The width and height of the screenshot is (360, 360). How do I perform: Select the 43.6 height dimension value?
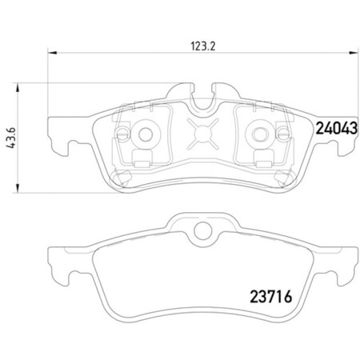tap(7, 126)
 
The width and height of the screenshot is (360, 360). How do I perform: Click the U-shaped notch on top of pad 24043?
tap(202, 95)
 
